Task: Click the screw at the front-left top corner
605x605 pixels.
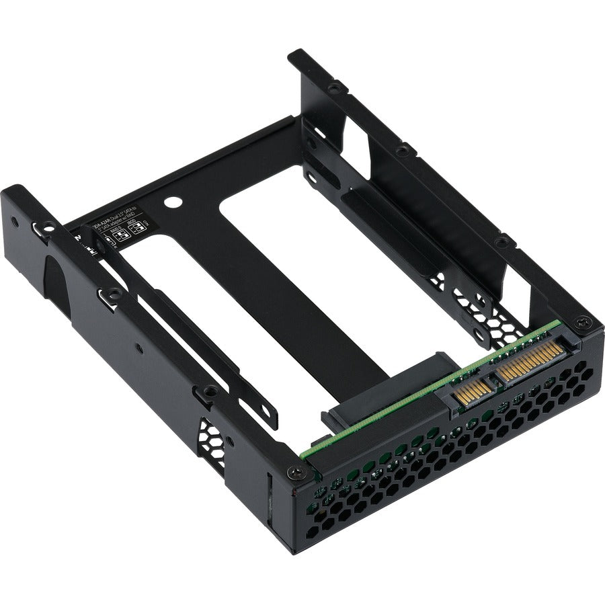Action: pos(294,473)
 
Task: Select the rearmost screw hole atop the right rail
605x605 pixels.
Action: pos(333,87)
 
